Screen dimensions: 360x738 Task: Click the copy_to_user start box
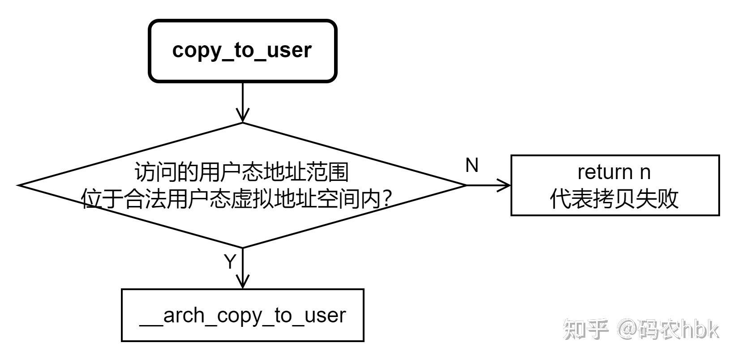tap(242, 51)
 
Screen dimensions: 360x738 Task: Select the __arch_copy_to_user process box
tap(242, 315)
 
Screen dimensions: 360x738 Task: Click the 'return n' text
tap(614, 171)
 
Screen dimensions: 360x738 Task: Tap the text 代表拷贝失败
tap(614, 199)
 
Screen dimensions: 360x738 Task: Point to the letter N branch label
tap(472, 165)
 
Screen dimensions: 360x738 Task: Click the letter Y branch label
tap(229, 262)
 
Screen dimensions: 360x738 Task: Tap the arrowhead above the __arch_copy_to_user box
tap(242, 282)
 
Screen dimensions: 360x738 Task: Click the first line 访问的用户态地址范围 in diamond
tap(242, 172)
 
